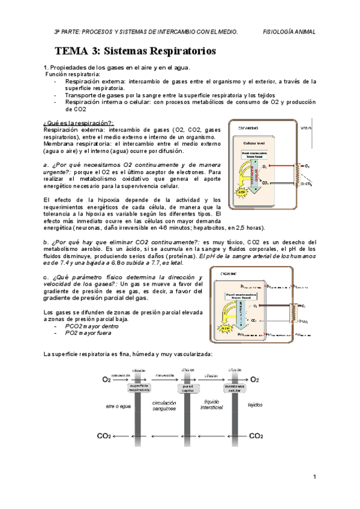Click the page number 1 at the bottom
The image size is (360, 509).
(314, 477)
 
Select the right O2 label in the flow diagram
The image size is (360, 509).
(255, 379)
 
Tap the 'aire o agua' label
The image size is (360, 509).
(118, 406)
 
